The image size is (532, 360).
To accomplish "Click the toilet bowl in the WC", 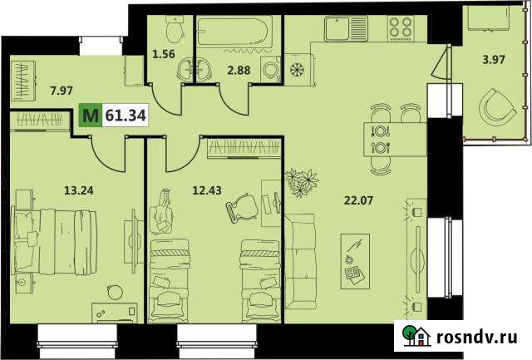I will [173, 31].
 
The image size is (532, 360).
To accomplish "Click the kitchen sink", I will [341, 30].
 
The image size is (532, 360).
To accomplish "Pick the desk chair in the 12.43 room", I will [240, 207].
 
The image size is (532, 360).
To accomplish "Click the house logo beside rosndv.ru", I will [416, 336].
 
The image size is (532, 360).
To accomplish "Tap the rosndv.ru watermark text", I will [477, 337].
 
